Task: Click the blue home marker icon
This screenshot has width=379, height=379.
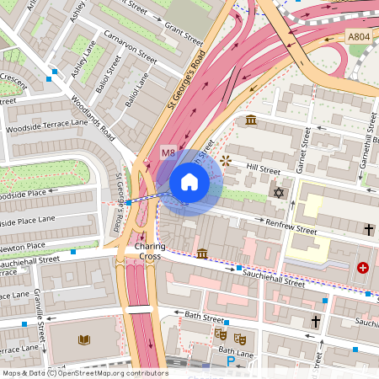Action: tap(189, 181)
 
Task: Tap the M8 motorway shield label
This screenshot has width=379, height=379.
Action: tap(168, 152)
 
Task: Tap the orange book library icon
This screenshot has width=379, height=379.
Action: tap(83, 340)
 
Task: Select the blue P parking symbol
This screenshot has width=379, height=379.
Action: tap(231, 361)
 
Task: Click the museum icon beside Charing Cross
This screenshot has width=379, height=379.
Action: tap(202, 253)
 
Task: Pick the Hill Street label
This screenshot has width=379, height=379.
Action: tap(263, 169)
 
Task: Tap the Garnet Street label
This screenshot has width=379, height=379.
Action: tap(304, 150)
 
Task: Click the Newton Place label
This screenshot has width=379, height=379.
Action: tap(23, 246)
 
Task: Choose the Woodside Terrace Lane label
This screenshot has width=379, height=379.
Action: tap(46, 126)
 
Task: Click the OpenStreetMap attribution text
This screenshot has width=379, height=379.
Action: tap(84, 373)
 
